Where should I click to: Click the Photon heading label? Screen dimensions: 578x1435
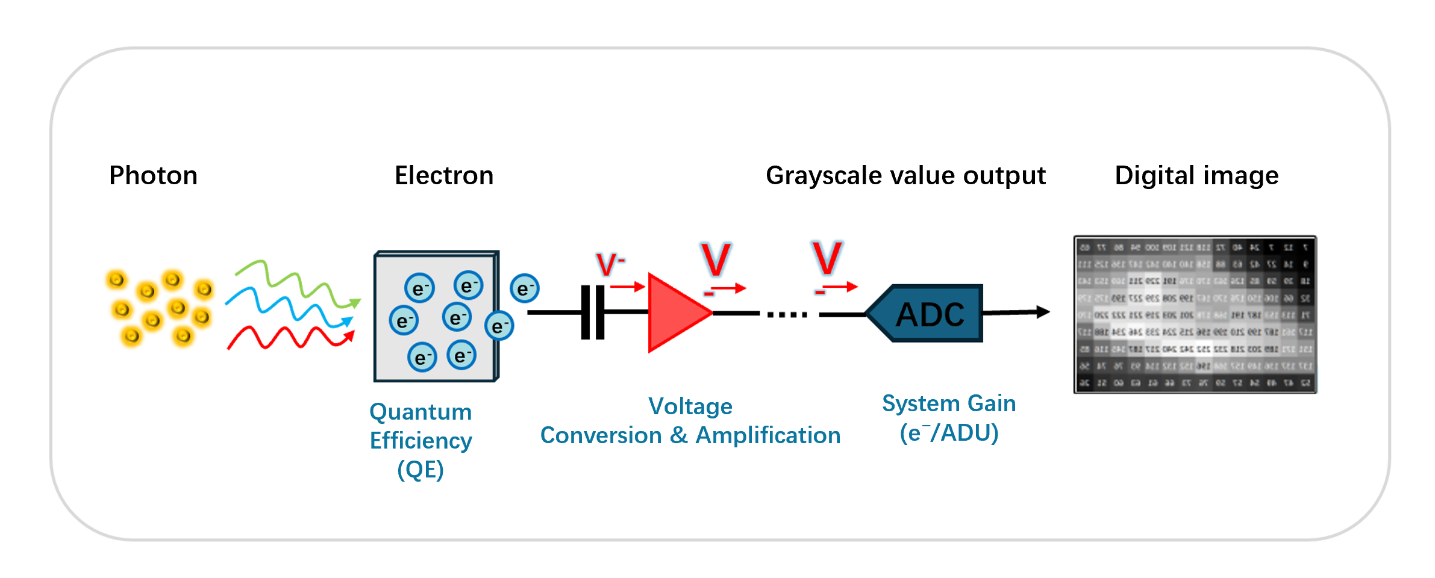[153, 176]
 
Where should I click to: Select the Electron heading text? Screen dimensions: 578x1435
[444, 176]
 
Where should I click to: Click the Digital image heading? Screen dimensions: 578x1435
[1196, 176]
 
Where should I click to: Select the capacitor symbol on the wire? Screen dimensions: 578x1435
[593, 312]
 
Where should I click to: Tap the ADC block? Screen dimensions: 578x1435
[928, 314]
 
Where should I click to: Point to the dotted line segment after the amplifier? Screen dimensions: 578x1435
[787, 314]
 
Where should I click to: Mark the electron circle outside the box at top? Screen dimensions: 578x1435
[524, 288]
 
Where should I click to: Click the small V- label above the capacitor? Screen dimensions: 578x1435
[610, 264]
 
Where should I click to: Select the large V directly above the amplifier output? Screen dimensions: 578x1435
[716, 259]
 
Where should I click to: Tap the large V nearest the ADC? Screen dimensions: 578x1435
[827, 258]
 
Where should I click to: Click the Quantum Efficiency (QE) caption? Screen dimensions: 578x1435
[420, 440]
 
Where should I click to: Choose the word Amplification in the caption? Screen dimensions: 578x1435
[768, 435]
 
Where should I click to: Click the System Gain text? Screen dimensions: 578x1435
[949, 403]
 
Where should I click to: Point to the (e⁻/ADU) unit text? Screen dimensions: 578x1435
[949, 433]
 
